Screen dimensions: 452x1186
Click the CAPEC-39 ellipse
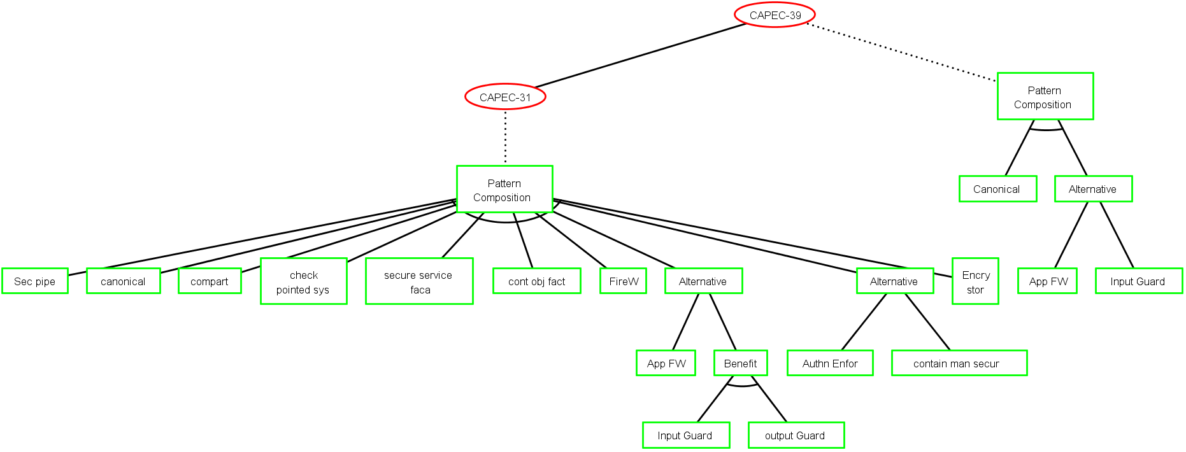pos(775,15)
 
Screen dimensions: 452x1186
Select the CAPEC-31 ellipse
pos(505,97)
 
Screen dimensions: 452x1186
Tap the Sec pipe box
pos(35,281)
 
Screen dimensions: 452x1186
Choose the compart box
pos(210,281)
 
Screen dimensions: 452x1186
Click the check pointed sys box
pos(304,281)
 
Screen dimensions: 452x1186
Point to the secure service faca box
pos(419,281)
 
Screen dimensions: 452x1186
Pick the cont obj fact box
pos(536,281)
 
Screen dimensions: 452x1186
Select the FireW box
pos(623,281)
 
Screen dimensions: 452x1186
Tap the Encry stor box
pos(975,281)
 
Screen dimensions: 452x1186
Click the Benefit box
pos(740,363)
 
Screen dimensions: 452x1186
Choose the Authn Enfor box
pos(830,363)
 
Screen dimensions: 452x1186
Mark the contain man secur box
pos(959,363)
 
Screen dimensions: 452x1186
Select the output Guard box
pos(796,435)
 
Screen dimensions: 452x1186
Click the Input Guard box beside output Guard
pos(686,435)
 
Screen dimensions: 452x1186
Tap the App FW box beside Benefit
pos(666,363)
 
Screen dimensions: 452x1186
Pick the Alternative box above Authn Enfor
pos(895,281)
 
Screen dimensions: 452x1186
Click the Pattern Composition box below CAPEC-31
pos(504,189)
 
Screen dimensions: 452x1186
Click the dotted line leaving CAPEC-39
pos(901,53)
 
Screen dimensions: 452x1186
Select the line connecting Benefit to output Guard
pos(769,399)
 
